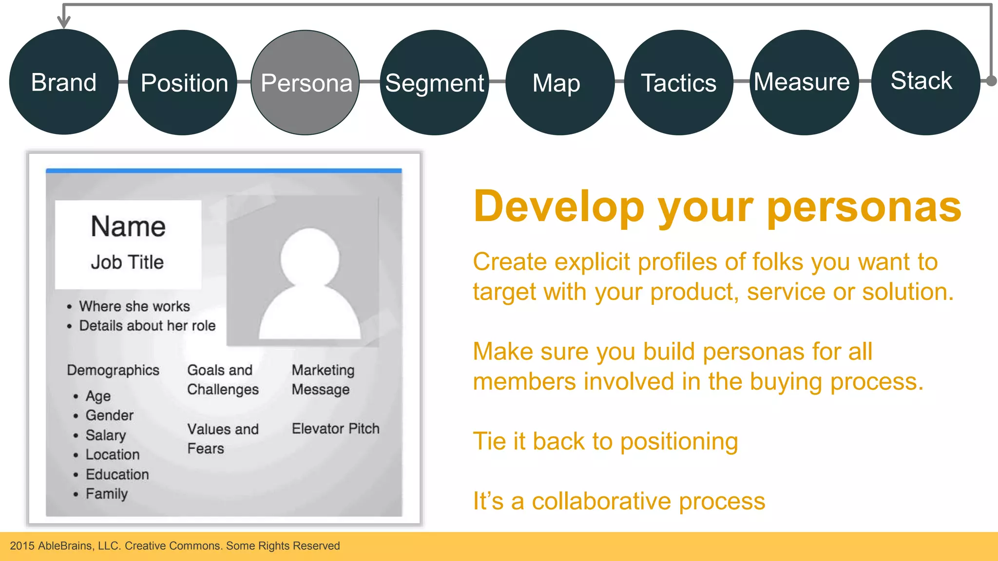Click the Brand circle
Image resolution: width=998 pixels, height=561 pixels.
click(x=63, y=82)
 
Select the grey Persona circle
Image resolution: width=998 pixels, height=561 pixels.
click(x=306, y=82)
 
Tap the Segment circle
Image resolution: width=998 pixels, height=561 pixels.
click(x=434, y=82)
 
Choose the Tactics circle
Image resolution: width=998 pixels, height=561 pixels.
click(x=678, y=82)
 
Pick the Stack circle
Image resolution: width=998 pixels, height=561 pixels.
click(x=925, y=81)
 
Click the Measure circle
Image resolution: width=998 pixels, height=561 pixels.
click(x=803, y=82)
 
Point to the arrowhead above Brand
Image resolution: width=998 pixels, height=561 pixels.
click(x=63, y=21)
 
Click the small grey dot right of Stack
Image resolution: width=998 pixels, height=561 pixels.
click(x=991, y=81)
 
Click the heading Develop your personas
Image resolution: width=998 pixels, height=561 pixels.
click(x=717, y=206)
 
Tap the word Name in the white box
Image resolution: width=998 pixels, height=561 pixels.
click(x=128, y=226)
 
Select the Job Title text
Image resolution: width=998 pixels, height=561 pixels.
click(x=127, y=262)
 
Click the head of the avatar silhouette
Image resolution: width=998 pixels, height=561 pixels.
click(x=309, y=257)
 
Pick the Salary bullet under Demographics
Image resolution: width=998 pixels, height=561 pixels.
click(x=106, y=435)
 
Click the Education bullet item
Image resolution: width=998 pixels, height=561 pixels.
click(x=117, y=474)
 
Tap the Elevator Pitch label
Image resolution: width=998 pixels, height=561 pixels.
click(x=335, y=429)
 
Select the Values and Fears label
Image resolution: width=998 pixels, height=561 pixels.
click(x=222, y=438)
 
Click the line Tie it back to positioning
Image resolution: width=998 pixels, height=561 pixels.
click(x=605, y=441)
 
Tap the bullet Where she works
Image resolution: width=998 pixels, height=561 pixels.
click(x=134, y=306)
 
